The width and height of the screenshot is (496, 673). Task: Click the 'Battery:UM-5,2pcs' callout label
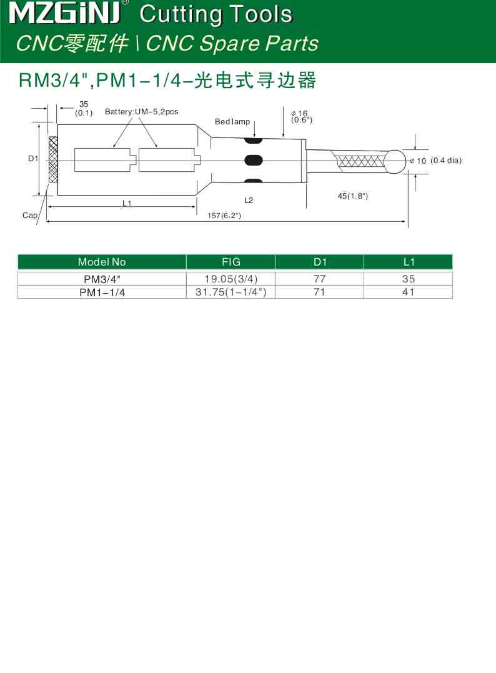pyautogui.click(x=141, y=112)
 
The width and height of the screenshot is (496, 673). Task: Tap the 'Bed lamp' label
pyautogui.click(x=232, y=122)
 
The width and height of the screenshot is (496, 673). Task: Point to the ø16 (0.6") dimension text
pyautogui.click(x=301, y=116)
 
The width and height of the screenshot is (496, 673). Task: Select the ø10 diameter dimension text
pyautogui.click(x=418, y=161)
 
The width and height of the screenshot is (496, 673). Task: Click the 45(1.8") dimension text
pyautogui.click(x=353, y=196)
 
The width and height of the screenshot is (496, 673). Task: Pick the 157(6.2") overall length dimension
pyautogui.click(x=224, y=216)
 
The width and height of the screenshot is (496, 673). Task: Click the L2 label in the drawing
pyautogui.click(x=249, y=201)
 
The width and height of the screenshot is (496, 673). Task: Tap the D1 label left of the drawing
pyautogui.click(x=33, y=159)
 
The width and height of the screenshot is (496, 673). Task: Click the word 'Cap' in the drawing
pyautogui.click(x=29, y=216)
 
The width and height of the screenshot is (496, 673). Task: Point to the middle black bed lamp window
pyautogui.click(x=253, y=159)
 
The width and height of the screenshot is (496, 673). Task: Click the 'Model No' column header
pyautogui.click(x=102, y=262)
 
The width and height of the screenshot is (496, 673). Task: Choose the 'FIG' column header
pyautogui.click(x=231, y=262)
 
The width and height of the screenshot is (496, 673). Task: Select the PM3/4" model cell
pyautogui.click(x=102, y=279)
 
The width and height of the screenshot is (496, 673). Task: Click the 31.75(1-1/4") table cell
pyautogui.click(x=231, y=292)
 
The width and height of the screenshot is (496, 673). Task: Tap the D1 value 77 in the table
pyautogui.click(x=319, y=279)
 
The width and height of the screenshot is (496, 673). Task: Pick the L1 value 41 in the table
pyautogui.click(x=408, y=292)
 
